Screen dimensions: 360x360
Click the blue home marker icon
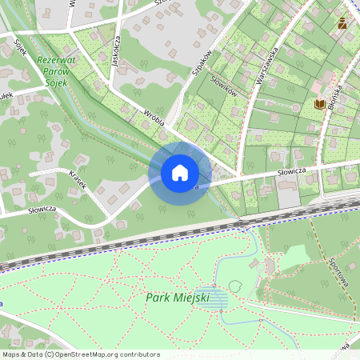tap(180, 173)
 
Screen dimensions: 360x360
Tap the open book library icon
tap(319, 103)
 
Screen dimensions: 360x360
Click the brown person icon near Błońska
tap(342, 22)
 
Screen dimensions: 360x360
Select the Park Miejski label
tap(178, 298)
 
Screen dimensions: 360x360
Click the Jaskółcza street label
tap(117, 53)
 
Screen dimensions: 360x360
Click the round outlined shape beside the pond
tap(235, 286)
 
